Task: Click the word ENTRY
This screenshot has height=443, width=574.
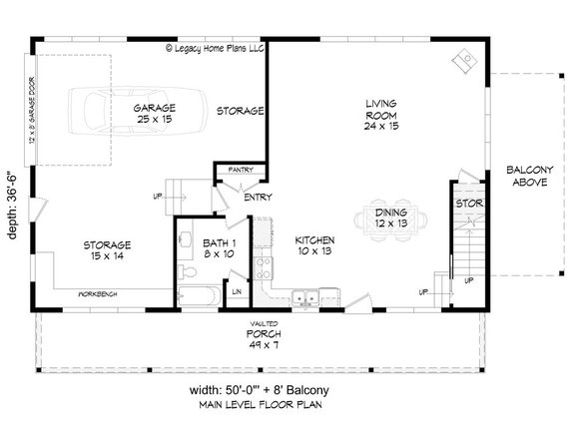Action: coord(258,197)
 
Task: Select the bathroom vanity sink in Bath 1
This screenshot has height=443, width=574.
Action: coord(187,240)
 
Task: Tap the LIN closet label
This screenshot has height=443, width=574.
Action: coord(237,291)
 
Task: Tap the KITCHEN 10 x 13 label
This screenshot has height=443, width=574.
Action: coord(313,248)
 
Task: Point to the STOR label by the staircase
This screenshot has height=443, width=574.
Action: coord(469,205)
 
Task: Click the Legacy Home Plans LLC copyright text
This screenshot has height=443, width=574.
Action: coord(213,46)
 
